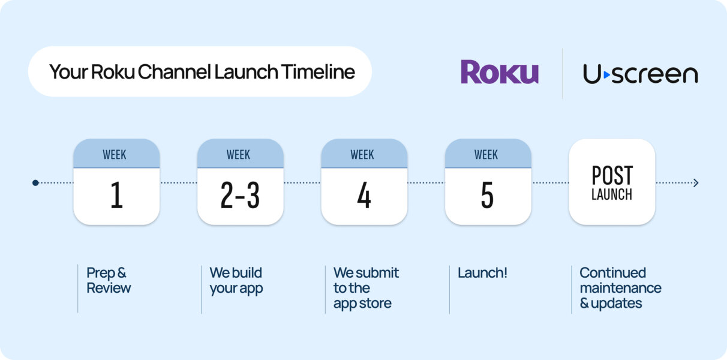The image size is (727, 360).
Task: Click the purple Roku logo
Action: [x=499, y=72]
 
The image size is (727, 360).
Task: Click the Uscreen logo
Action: [x=640, y=74]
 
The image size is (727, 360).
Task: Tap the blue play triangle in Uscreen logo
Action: [x=606, y=74]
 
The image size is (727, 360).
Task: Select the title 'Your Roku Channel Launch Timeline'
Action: [x=202, y=72]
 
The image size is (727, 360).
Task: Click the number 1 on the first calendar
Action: [x=116, y=196]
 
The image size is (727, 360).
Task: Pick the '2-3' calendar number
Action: [x=240, y=196]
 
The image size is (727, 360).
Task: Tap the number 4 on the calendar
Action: [x=364, y=196]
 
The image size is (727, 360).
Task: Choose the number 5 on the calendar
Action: [x=488, y=196]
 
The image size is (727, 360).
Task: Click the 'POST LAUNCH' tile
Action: [x=612, y=182]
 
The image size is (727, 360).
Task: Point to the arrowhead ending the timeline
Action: [x=696, y=182]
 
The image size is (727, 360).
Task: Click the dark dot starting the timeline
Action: [x=35, y=182]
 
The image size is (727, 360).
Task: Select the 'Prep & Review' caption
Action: [x=108, y=280]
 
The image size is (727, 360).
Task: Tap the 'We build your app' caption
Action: [x=236, y=280]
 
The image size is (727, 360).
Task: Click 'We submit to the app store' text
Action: [x=365, y=288]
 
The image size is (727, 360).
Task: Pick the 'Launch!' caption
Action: [x=482, y=273]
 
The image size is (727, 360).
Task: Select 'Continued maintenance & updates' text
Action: [x=620, y=288]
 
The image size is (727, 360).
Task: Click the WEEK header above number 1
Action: [x=115, y=154]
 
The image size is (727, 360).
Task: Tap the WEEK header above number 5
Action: [x=486, y=154]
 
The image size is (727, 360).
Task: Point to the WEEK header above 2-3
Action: [x=238, y=154]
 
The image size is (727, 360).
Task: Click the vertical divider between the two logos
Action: [x=562, y=73]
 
